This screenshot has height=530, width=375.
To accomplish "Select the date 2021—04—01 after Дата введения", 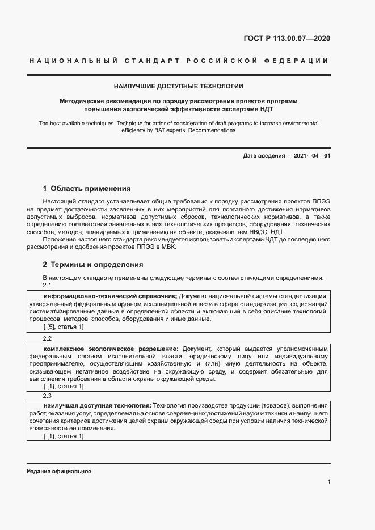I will point(311,155).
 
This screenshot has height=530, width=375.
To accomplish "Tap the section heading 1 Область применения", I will point(87,188).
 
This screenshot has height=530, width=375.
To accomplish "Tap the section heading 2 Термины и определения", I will point(93,264).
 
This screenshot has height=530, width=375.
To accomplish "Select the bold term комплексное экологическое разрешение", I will point(111,348).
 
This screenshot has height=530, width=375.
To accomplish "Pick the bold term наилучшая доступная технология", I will point(97,406).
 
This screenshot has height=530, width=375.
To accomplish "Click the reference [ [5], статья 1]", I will point(64,327).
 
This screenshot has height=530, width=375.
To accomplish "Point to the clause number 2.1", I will point(47,286).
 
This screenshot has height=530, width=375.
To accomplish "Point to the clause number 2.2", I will point(47,338).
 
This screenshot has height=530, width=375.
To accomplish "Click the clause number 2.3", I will point(47,396).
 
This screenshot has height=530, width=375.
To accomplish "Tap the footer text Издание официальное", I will point(58,472).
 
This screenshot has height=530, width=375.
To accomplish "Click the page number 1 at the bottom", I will point(328,481).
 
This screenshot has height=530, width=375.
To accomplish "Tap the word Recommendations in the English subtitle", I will point(212,130).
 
